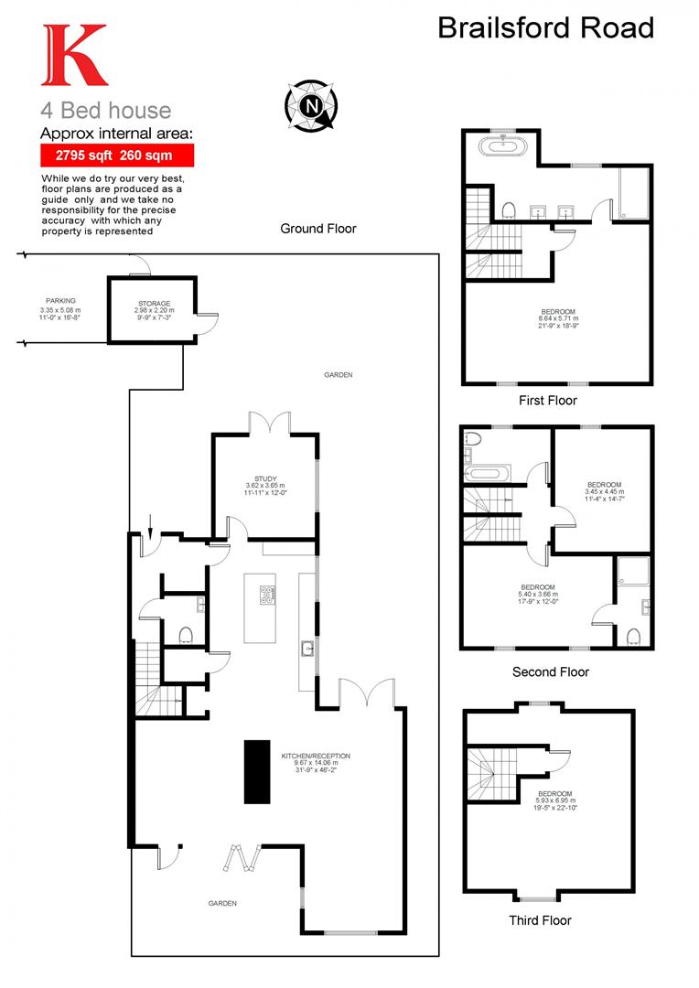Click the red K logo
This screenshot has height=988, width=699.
[x=74, y=57]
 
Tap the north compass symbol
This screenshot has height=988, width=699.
[x=312, y=104]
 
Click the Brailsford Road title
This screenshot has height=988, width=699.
[x=546, y=27]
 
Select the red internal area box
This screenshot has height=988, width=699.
[x=116, y=155]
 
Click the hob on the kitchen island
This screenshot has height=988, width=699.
[x=267, y=595]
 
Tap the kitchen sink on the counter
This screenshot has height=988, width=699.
[x=306, y=650]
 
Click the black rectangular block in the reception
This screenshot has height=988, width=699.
[x=257, y=770]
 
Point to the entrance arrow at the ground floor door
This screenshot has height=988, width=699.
[x=150, y=528]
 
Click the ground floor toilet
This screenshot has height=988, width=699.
[x=186, y=635]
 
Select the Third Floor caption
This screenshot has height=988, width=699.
[x=540, y=920]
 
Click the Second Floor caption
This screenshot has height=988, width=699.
[x=550, y=671]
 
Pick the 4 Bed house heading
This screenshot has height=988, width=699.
[x=105, y=111]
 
